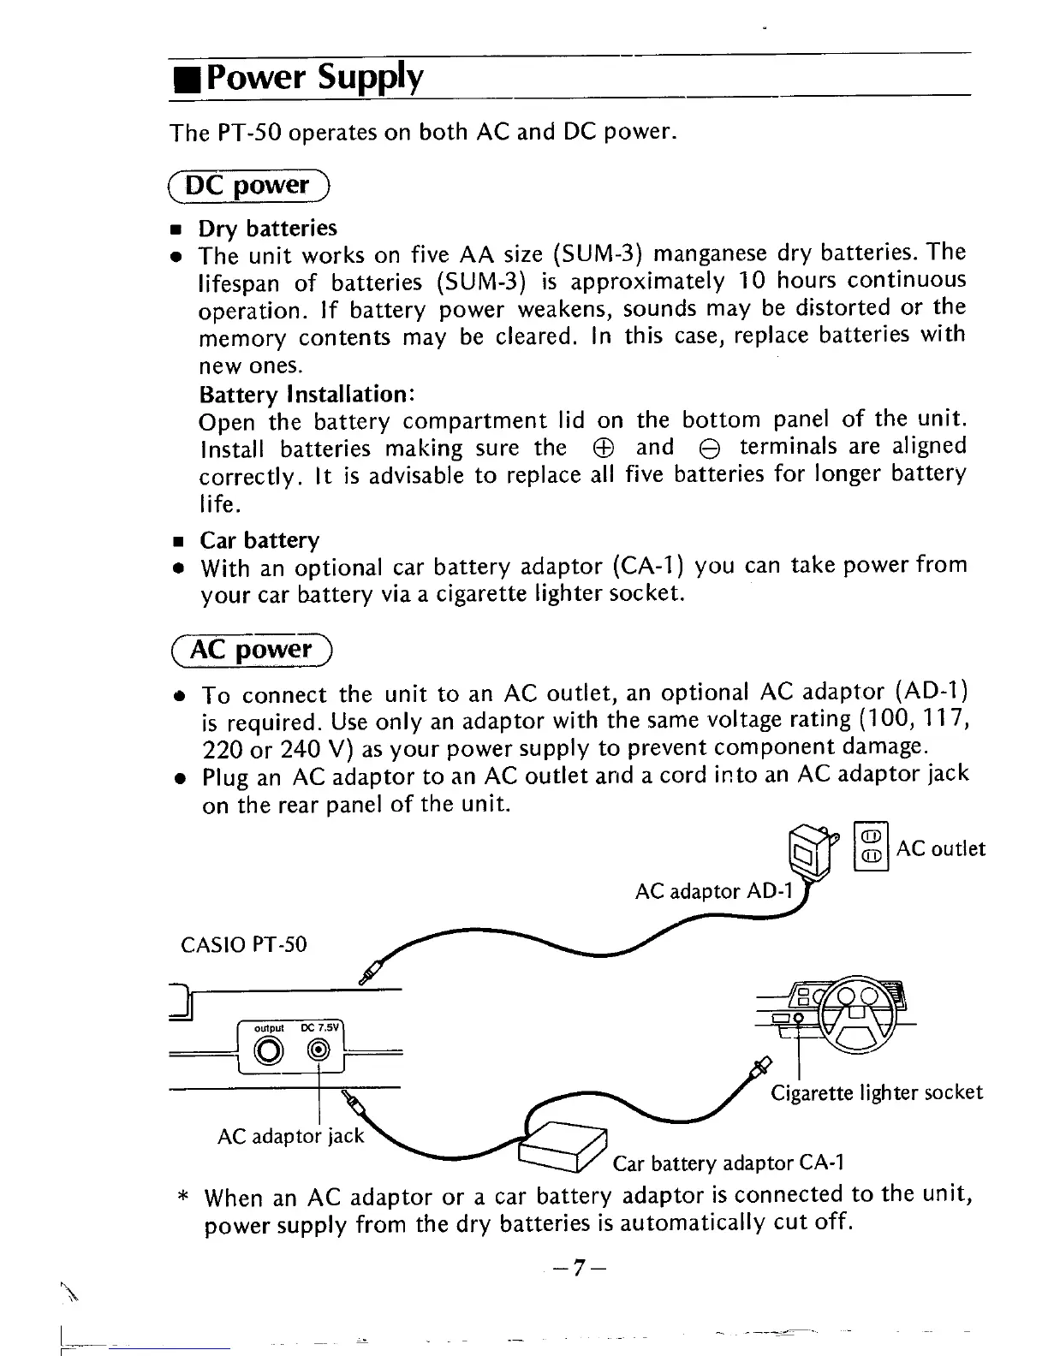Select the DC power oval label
[x=249, y=185]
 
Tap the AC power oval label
[x=252, y=651]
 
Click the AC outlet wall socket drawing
[x=872, y=846]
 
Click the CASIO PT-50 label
[x=244, y=945]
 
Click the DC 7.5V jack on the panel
[x=319, y=1050]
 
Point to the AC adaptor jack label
[x=291, y=1136]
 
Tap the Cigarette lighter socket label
[x=877, y=1093]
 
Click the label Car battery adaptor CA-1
[x=729, y=1163]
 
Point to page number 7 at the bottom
[x=578, y=1268]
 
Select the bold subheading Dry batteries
[x=268, y=229]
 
